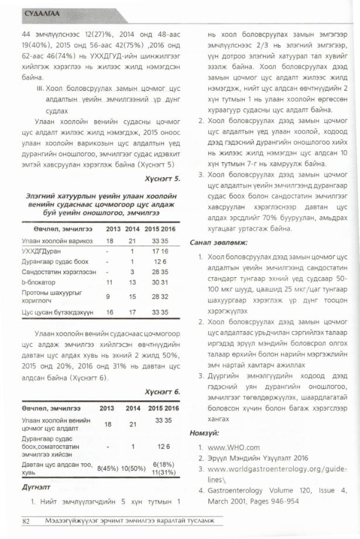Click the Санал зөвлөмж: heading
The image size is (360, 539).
click(218, 241)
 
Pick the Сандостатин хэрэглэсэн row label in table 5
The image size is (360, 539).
click(52, 272)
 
